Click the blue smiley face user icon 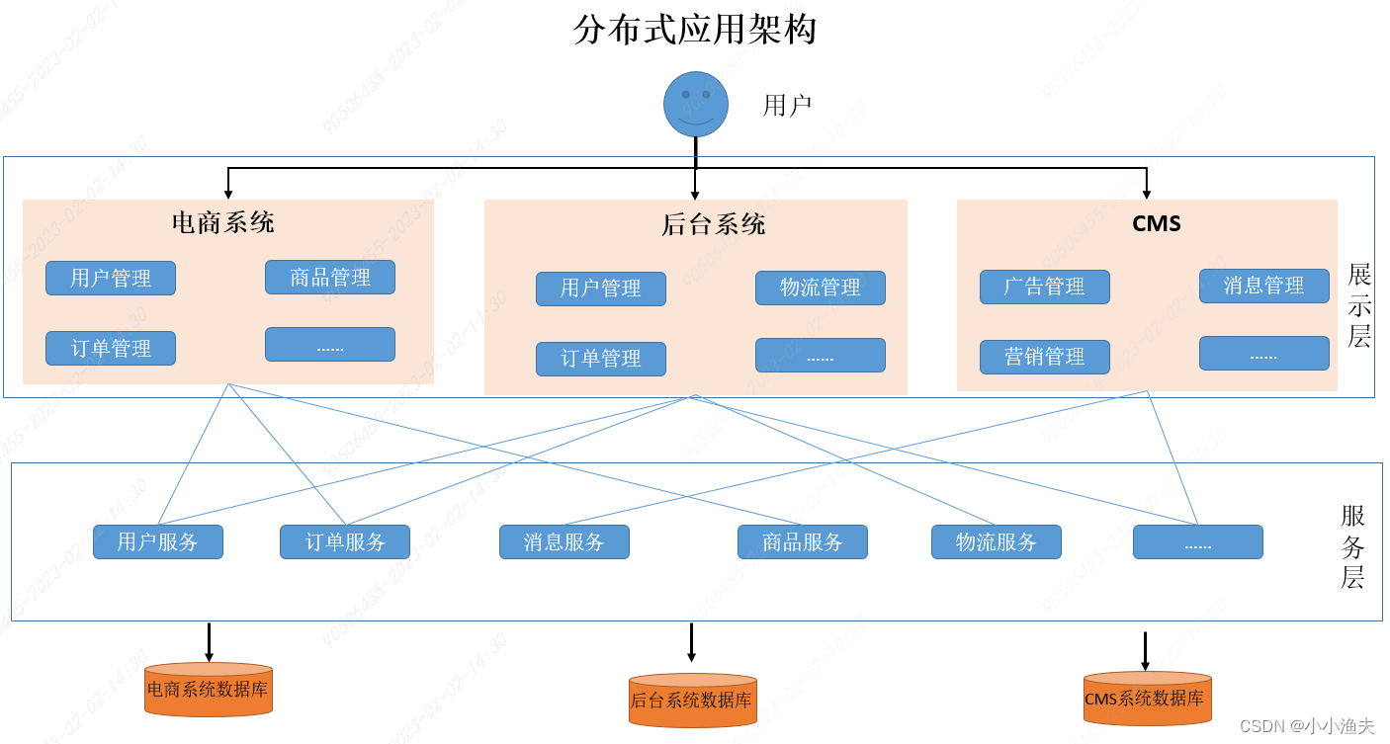[x=695, y=104]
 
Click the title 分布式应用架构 [x=694, y=30]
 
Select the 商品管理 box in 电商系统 [x=329, y=278]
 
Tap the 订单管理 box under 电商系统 [x=111, y=348]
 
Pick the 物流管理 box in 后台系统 [x=820, y=288]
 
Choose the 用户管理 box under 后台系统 [x=600, y=289]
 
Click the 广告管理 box [x=1044, y=287]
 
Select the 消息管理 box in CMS [x=1263, y=286]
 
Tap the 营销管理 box [x=1044, y=357]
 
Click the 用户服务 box [x=158, y=541]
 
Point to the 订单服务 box [x=344, y=541]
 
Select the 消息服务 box [x=564, y=541]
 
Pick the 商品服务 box [x=802, y=541]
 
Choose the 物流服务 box [x=996, y=541]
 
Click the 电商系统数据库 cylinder [x=209, y=690]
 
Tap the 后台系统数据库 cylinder [x=692, y=701]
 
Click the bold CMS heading [x=1156, y=223]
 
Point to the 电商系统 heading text [x=222, y=222]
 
